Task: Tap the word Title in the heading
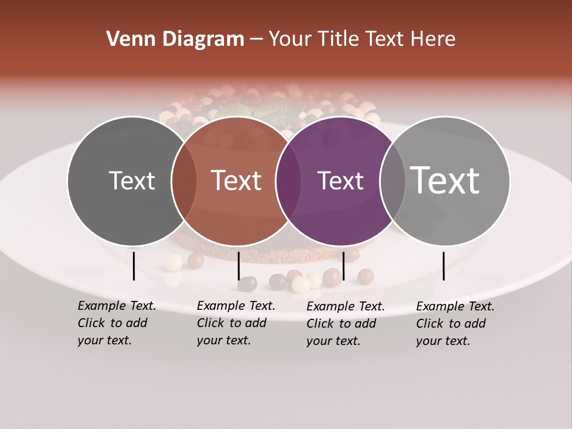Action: tap(337, 39)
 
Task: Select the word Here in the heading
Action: tap(434, 39)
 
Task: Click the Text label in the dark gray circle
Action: tap(132, 181)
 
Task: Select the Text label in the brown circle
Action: tap(236, 181)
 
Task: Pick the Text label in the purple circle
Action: tap(340, 181)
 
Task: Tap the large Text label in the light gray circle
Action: tap(444, 180)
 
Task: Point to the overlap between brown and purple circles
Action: tap(288, 181)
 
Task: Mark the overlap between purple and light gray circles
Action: tap(392, 181)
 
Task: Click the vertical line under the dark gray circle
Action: tap(133, 266)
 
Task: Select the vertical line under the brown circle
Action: tap(238, 266)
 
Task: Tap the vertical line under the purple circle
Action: tap(343, 266)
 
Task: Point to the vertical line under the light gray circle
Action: tap(443, 266)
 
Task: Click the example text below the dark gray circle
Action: tap(116, 323)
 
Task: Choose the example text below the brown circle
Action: tap(235, 323)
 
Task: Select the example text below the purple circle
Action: tap(345, 324)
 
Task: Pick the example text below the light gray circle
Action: tap(455, 324)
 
